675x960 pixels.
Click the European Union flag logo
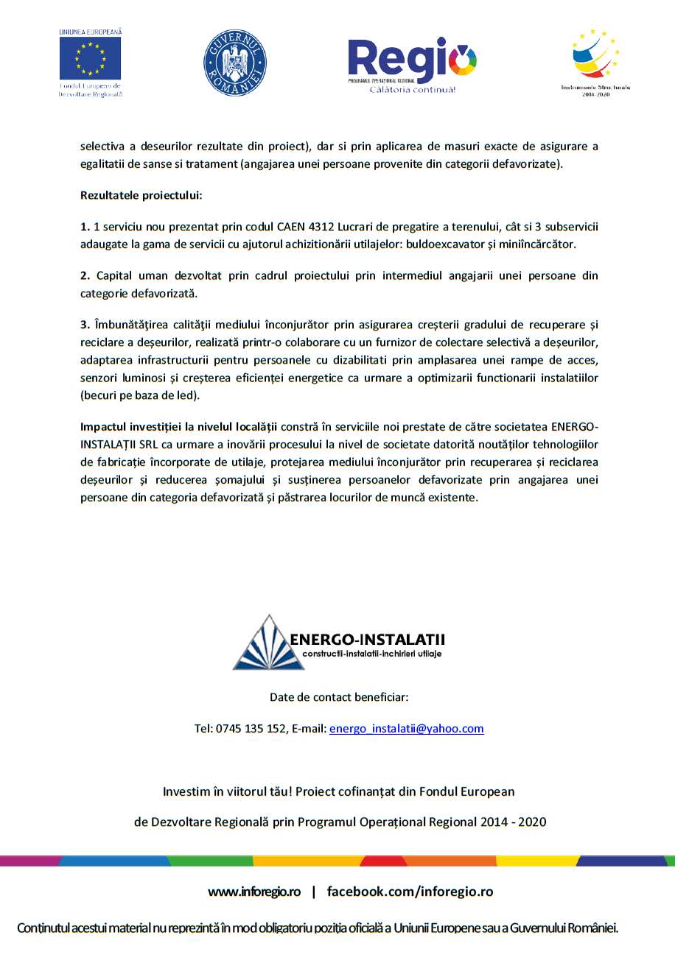90,59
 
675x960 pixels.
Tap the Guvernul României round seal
234,63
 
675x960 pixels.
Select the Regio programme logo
412,63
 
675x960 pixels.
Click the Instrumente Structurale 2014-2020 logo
595,59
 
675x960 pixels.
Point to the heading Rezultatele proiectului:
141,197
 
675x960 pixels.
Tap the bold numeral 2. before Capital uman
85,276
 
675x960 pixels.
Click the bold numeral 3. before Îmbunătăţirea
85,323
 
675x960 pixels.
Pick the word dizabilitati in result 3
349,359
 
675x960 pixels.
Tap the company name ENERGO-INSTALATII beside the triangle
367,639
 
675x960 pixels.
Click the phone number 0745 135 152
251,729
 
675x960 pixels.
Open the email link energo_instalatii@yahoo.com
407,729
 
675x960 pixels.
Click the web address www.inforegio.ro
254,892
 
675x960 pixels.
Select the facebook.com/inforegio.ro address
410,892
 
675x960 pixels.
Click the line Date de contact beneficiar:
339,696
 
